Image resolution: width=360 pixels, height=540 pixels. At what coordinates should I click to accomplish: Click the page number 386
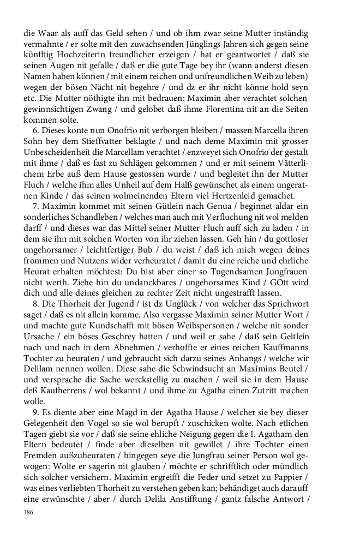29,513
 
